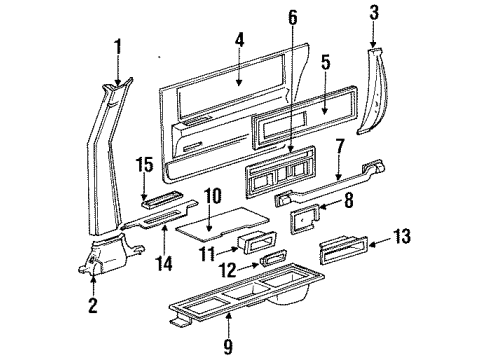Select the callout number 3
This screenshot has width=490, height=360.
374,13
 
